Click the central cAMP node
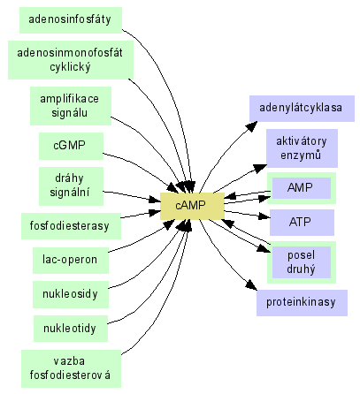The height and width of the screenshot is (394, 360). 192,206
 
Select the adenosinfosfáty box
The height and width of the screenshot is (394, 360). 71,20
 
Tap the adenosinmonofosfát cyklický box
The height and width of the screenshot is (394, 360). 71,60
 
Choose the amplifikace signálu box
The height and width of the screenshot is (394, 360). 71,106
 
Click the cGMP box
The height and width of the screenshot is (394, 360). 72,146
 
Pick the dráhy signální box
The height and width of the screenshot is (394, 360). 72,186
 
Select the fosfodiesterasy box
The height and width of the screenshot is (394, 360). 71,226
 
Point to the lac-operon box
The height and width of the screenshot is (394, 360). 71,261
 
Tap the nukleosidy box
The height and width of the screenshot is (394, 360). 71,295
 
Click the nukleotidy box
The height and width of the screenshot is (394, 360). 71,329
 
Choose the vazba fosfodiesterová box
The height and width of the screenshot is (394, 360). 71,368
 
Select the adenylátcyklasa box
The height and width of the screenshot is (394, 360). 302,109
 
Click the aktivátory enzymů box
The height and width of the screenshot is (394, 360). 302,148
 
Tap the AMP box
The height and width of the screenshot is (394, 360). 302,188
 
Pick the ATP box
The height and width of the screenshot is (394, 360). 302,223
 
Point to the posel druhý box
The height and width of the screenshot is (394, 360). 302,262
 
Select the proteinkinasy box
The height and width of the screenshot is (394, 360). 302,303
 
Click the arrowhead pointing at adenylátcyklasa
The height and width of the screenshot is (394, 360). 251,126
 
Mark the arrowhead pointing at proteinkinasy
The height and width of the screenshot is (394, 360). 251,285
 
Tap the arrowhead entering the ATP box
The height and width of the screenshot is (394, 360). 264,216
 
